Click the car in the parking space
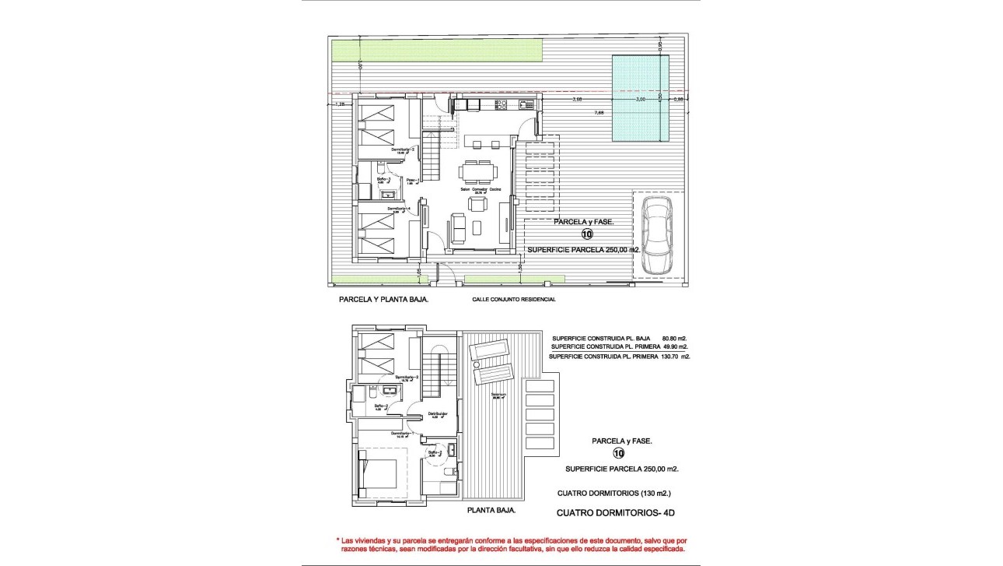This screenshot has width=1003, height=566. click(x=658, y=234)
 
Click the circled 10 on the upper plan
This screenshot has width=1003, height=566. click(x=586, y=234)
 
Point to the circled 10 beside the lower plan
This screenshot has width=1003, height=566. click(x=619, y=454)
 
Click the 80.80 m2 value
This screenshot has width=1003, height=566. click(x=675, y=338)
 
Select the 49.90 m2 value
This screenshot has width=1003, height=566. click(x=675, y=347)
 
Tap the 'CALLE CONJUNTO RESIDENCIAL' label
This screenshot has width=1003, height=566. click(x=514, y=299)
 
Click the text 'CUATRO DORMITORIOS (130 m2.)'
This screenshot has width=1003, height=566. click(x=613, y=494)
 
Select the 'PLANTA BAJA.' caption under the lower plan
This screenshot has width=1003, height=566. click(x=491, y=512)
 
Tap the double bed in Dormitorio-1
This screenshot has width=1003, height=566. click(x=380, y=474)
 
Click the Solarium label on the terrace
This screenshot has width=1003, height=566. click(x=498, y=395)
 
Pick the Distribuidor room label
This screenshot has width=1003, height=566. click(x=438, y=413)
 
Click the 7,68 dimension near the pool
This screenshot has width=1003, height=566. click(x=599, y=112)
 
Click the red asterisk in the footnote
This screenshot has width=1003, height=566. click(x=338, y=540)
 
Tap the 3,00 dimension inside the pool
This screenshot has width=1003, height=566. click(x=640, y=100)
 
